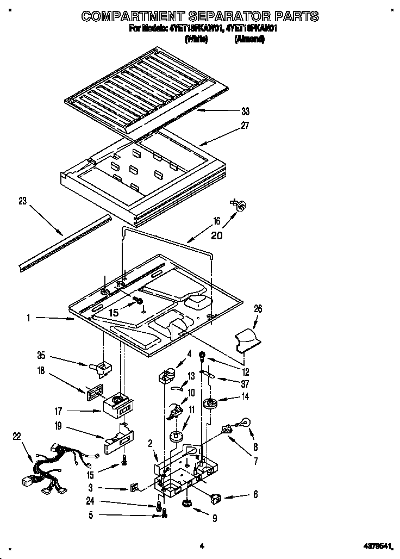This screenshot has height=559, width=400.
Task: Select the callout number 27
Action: point(245,126)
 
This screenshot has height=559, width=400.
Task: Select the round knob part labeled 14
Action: point(208,403)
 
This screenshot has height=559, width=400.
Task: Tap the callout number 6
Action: point(255,495)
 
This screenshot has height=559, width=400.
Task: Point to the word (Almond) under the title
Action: point(249,40)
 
